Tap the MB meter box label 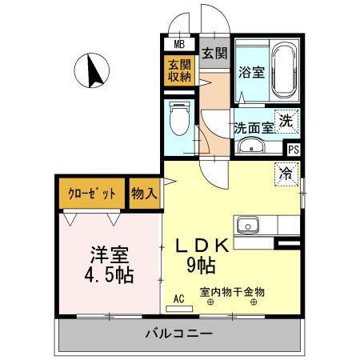[x=179, y=44]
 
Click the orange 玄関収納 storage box [x=179, y=70]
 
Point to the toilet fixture [x=178, y=120]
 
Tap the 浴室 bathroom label [x=251, y=73]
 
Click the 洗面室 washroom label [x=254, y=126]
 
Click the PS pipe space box [x=294, y=149]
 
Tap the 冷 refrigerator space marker [x=285, y=172]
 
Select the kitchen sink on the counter [x=245, y=223]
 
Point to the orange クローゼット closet [x=91, y=193]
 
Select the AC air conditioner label [x=179, y=298]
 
